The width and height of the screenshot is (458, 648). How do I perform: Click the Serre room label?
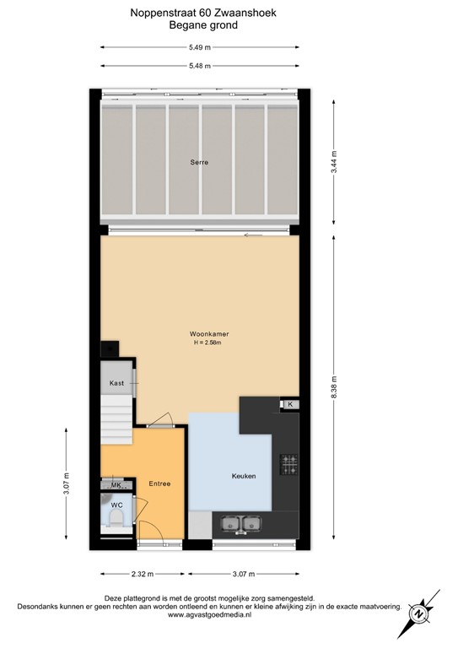click(x=199, y=162)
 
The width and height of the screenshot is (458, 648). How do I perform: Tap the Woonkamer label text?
click(x=209, y=334)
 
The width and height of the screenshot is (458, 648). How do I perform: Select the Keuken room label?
click(x=244, y=476)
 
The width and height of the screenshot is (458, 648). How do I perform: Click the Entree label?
click(x=159, y=483)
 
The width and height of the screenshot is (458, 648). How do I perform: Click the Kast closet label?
click(x=116, y=384)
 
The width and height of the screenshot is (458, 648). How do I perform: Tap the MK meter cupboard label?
click(x=116, y=485)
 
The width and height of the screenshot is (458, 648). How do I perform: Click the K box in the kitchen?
click(x=290, y=405)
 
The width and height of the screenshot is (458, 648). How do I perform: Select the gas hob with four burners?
click(x=289, y=464)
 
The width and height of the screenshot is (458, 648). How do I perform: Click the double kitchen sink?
click(x=240, y=525)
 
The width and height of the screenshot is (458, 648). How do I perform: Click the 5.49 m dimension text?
click(x=200, y=47)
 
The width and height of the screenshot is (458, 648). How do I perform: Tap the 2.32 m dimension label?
click(x=143, y=574)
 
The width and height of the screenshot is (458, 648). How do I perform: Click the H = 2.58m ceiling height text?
click(x=209, y=343)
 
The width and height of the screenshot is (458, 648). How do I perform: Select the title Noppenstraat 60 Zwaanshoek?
click(x=202, y=13)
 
